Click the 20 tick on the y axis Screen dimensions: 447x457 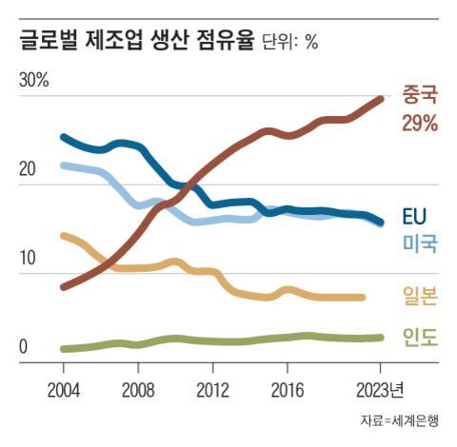point(28,170)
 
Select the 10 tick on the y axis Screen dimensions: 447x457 point(28,258)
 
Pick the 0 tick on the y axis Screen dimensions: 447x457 point(24,347)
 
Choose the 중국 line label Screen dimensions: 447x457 point(420,95)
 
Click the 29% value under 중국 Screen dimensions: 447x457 point(420,124)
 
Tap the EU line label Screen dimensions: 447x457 point(415,214)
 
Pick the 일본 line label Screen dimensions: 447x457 point(420,297)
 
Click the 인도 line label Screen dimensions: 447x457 point(420,337)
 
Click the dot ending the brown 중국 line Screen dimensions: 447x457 point(380,98)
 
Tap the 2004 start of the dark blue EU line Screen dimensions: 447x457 point(63,137)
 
